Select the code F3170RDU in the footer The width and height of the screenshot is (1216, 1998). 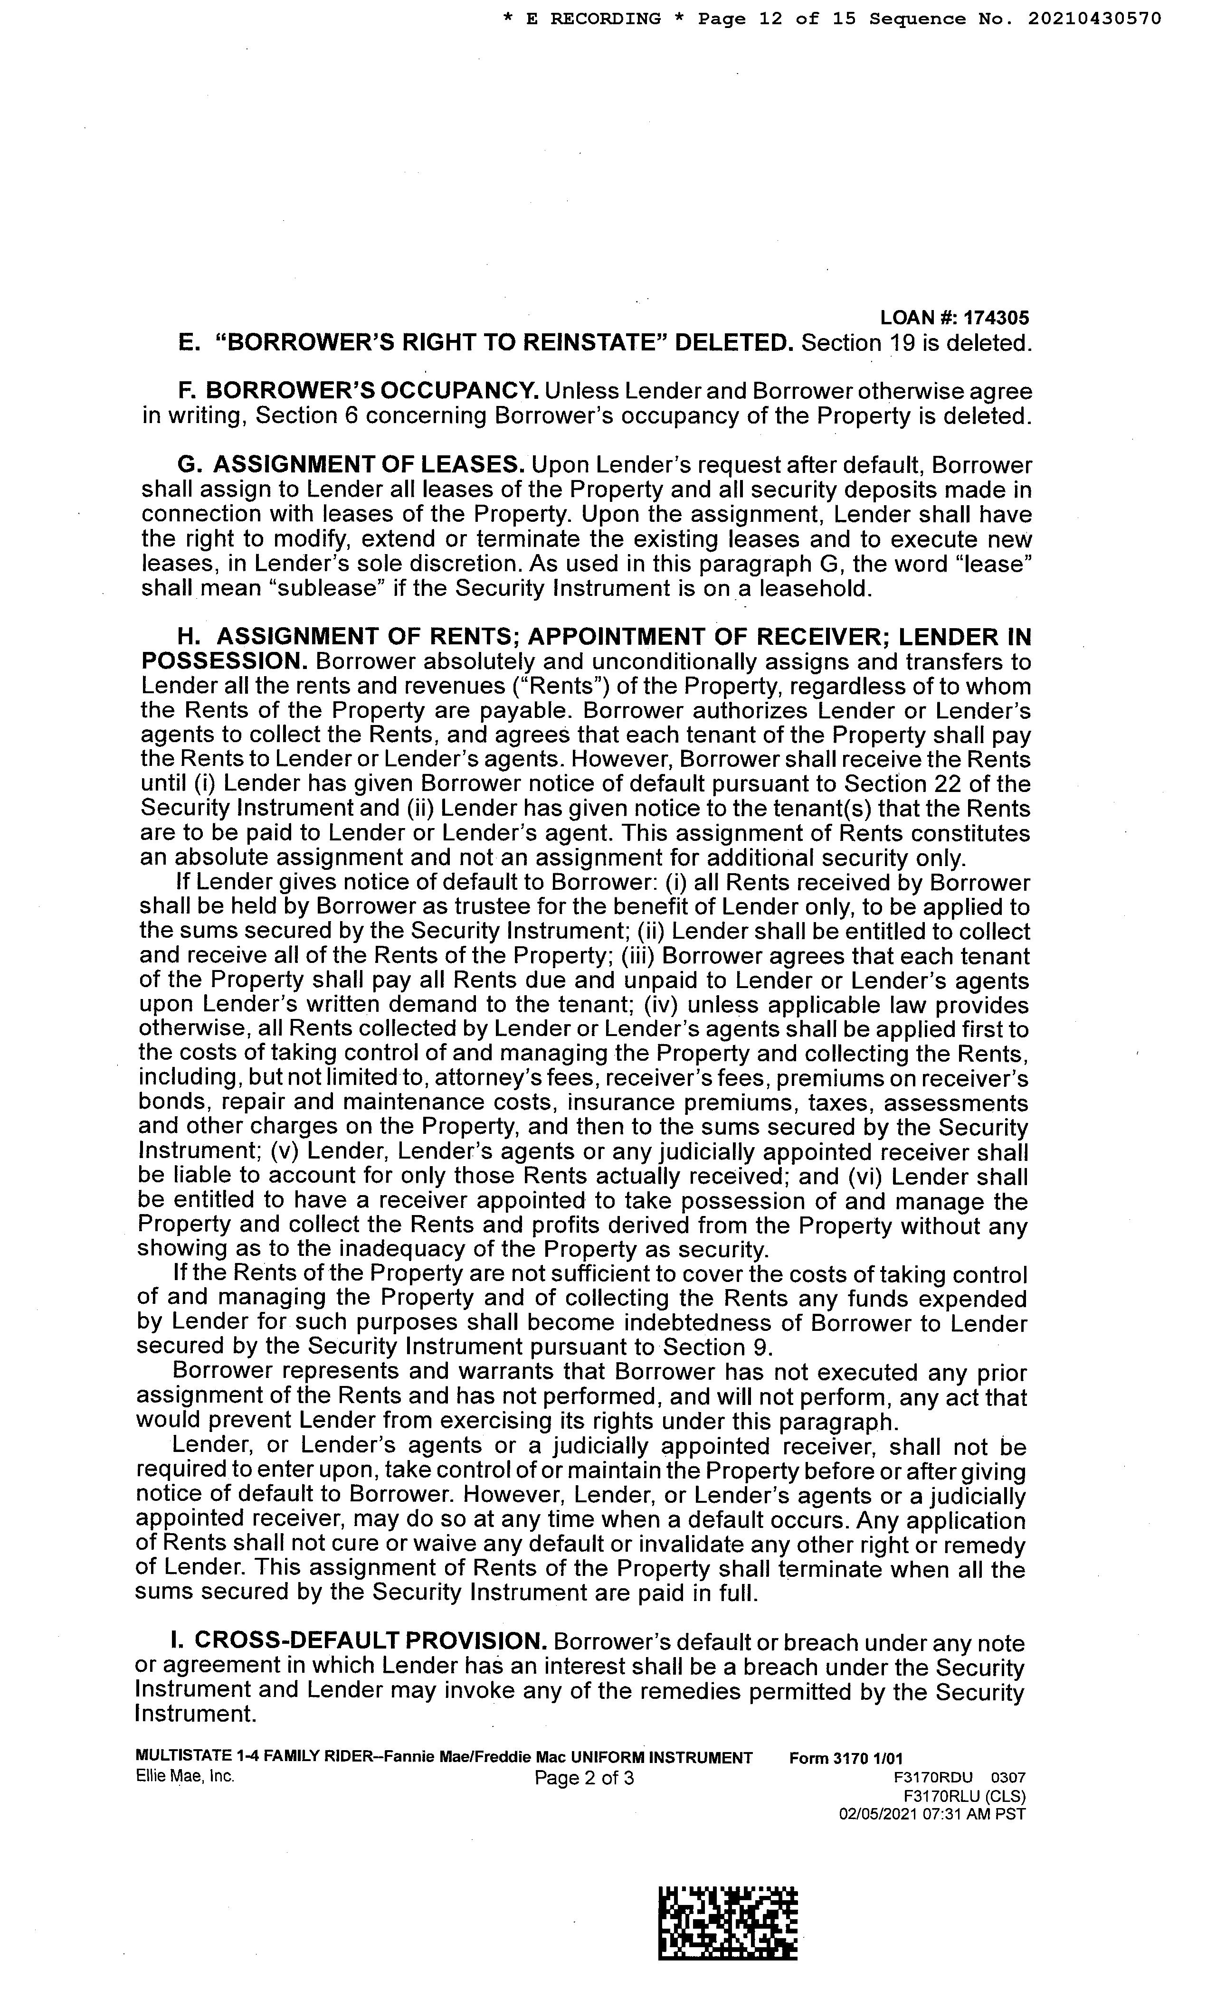click(932, 1778)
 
